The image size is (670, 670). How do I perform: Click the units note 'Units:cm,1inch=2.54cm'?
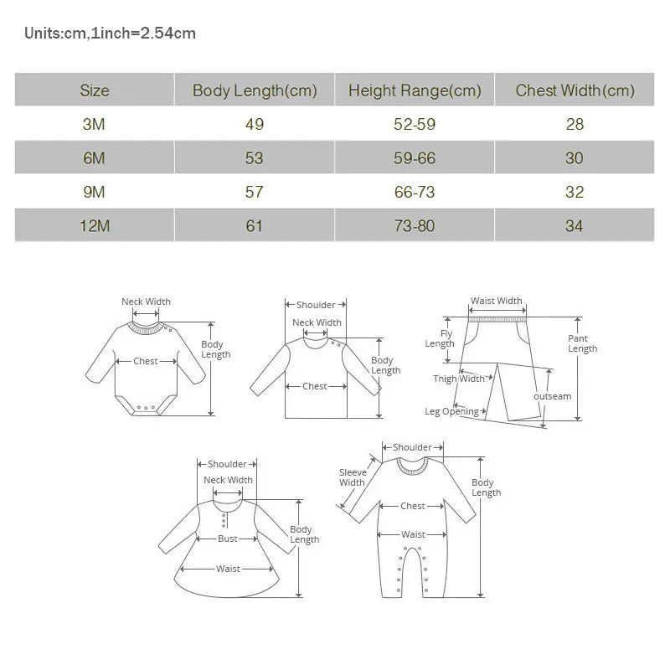point(110,33)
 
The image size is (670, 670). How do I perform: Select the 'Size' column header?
point(94,90)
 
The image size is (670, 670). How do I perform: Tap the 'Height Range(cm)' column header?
point(415,90)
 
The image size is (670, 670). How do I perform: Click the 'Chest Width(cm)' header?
point(575,90)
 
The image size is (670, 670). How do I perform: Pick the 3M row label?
point(94,125)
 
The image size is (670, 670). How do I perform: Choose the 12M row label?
point(94,226)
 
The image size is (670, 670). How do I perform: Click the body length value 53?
point(255,158)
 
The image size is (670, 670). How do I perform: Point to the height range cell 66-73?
point(415,193)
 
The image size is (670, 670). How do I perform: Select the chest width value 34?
point(575,226)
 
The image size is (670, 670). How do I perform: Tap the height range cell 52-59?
point(415,125)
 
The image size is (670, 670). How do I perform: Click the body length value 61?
point(255,226)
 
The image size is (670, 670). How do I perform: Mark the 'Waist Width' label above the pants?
point(496,301)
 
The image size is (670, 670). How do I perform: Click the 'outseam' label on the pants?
point(553,396)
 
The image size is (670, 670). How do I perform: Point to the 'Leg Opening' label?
point(452,411)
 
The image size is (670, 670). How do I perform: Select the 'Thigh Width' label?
point(459,379)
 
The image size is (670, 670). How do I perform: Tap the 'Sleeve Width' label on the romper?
point(353,477)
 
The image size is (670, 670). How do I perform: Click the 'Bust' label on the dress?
point(228,539)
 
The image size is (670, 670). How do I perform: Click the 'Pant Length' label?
point(582,343)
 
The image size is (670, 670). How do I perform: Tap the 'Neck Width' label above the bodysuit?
point(146,301)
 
